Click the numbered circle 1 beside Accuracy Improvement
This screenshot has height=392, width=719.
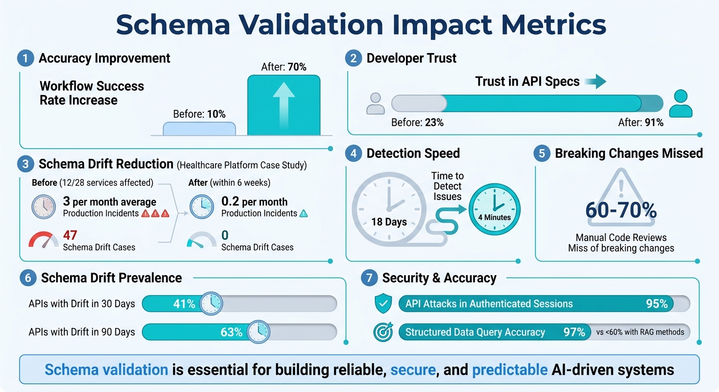25,59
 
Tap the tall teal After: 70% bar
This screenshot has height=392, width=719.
284,105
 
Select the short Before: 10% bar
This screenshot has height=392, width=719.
199,128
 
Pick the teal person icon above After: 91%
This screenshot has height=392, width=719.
680,103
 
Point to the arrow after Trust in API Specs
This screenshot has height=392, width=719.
594,81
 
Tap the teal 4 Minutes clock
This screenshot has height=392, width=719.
494,209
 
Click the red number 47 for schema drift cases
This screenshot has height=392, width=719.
70,235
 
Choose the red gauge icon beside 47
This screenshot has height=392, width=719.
43,240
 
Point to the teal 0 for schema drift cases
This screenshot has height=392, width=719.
225,235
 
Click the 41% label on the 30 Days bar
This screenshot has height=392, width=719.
184,304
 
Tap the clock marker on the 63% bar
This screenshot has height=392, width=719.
258,332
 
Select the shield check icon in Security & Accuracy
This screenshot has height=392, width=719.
383,304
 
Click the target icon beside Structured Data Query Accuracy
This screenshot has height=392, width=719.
383,332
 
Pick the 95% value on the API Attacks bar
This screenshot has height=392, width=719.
657,304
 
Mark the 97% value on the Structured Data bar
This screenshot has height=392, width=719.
574,332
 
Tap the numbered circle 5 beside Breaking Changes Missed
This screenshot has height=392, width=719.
542,154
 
